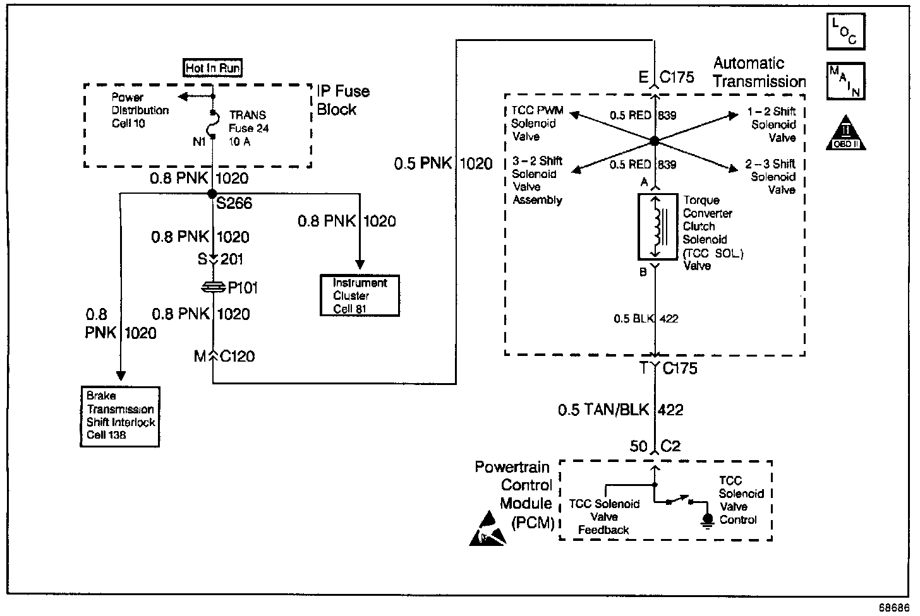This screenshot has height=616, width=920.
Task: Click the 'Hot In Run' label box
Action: coord(213,68)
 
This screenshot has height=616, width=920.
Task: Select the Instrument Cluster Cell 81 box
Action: coord(360,295)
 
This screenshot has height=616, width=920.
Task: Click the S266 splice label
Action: coord(234,203)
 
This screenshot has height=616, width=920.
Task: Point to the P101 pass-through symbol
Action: coord(214,288)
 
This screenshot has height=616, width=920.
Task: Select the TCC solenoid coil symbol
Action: coord(657,227)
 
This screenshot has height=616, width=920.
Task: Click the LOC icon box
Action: coord(845,31)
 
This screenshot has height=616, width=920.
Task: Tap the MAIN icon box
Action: coord(845,80)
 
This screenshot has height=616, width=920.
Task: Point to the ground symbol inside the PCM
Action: coord(708,519)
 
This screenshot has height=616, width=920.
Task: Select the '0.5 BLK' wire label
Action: coord(634,319)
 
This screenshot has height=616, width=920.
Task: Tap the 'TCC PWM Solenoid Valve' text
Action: coord(537,124)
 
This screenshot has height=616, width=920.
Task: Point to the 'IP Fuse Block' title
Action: coord(342,100)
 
